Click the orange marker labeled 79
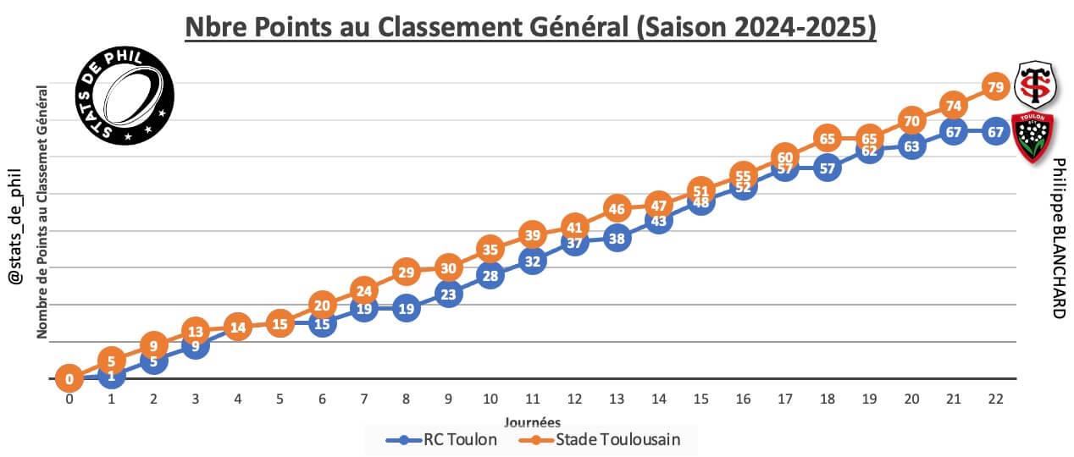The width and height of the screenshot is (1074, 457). click(x=995, y=86)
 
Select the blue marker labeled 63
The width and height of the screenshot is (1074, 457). click(x=911, y=146)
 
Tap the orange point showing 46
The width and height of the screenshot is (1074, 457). click(x=617, y=208)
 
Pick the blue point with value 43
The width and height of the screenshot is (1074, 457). click(x=658, y=220)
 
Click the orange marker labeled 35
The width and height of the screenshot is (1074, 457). click(x=490, y=249)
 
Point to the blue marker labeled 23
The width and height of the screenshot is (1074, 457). click(x=448, y=294)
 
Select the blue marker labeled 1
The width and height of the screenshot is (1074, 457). click(x=111, y=375)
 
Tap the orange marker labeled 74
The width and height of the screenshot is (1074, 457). click(x=954, y=105)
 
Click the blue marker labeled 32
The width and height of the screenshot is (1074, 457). click(x=532, y=261)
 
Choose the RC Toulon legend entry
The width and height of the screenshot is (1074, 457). click(x=441, y=439)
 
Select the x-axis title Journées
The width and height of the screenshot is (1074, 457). click(x=532, y=421)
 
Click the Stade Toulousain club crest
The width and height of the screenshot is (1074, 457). click(x=1034, y=83)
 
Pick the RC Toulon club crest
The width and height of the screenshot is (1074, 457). click(x=1033, y=136)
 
